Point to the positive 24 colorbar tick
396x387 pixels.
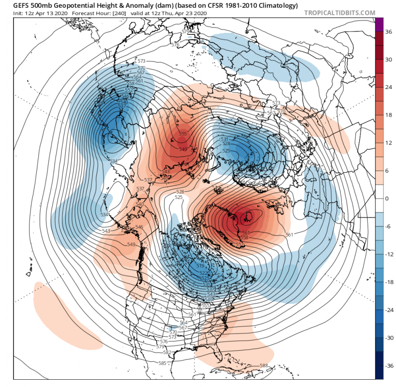388,88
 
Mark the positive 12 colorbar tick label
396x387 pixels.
388,143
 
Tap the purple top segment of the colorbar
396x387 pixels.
379,24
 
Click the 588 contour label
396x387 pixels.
264,366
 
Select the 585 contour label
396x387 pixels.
162,363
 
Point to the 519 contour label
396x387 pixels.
201,265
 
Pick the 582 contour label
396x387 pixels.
167,352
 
